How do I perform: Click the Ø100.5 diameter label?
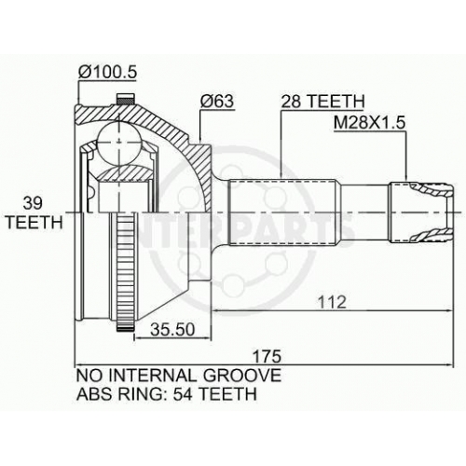(x=107, y=73)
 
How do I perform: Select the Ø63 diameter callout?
(x=216, y=101)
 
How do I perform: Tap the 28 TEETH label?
(x=322, y=101)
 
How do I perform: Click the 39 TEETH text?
(x=34, y=213)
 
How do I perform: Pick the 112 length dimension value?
(x=332, y=302)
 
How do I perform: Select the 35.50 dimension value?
(x=172, y=330)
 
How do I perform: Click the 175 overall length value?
(x=267, y=356)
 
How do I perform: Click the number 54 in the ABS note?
(x=183, y=394)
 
